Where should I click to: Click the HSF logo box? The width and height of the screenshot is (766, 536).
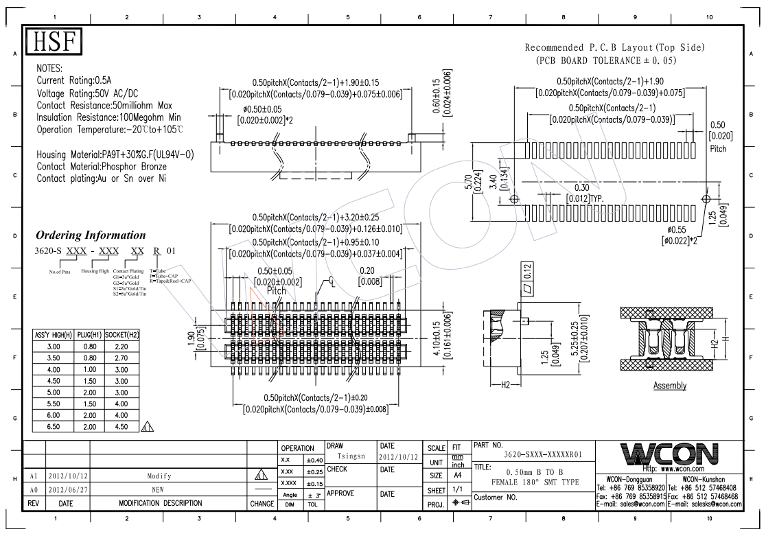53,42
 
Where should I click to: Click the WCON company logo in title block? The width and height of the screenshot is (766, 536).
669,454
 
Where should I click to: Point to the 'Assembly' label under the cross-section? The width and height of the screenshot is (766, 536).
669,385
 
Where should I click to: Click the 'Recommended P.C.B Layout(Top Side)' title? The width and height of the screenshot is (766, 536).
614,48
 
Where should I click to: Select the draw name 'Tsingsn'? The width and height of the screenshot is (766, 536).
351,455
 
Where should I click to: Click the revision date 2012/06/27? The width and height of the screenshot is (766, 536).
67,489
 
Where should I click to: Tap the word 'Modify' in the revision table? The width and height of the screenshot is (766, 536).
159,476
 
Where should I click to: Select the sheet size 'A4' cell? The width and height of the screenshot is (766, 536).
455,475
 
